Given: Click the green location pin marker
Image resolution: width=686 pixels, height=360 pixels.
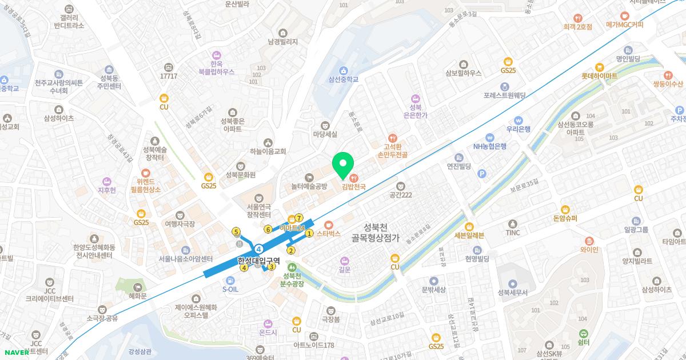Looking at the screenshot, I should pyautogui.click(x=343, y=164).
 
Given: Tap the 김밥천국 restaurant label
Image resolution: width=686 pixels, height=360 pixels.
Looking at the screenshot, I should pyautogui.click(x=353, y=186).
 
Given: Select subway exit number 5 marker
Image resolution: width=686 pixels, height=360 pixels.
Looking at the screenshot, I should pyautogui.click(x=236, y=231).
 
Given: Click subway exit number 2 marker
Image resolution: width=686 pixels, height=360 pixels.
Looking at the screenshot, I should pyautogui.click(x=290, y=250).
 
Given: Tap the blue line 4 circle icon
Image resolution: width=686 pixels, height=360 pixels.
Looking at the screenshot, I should pyautogui.click(x=259, y=248).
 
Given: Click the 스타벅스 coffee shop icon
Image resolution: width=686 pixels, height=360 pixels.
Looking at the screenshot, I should pyautogui.click(x=328, y=225).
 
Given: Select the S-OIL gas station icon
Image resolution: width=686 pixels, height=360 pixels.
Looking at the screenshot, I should pyautogui.click(x=230, y=281).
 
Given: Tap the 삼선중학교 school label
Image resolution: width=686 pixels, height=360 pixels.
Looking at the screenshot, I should pyautogui.click(x=344, y=79).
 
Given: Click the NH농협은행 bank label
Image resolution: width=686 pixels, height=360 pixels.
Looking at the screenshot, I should pyautogui.click(x=489, y=146).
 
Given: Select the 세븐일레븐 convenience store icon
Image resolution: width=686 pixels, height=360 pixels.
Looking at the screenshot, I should pyautogui.click(x=469, y=226).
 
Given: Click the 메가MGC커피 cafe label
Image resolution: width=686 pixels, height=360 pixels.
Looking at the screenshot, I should pyautogui.click(x=625, y=25).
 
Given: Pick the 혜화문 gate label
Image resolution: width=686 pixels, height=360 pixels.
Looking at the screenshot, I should pyautogui.click(x=137, y=295).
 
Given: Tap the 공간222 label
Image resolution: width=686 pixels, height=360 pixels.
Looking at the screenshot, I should pyautogui.click(x=401, y=194).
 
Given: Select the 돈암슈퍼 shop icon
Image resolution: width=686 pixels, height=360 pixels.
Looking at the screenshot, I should pyautogui.click(x=565, y=210).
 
